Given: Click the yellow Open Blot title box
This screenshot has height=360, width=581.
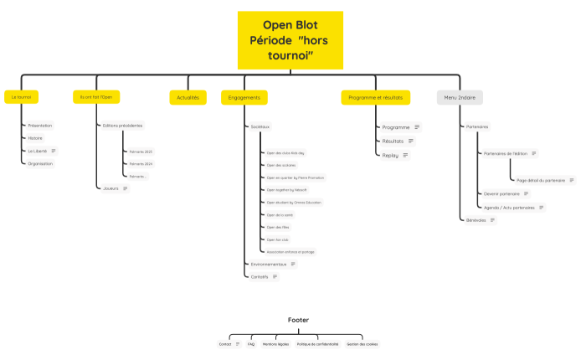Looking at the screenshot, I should coord(290,39).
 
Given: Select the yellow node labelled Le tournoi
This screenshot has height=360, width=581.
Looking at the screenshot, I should coord(21,97).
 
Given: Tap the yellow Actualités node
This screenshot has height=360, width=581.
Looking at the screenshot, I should coord(188,97).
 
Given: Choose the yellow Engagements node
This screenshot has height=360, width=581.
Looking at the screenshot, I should coord(244,97).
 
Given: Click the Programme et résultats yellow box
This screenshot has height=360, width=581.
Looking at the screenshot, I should coord(375,97).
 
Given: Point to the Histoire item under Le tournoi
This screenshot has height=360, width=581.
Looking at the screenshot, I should coord(35,138).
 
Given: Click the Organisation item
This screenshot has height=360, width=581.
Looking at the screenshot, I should coord(40,163).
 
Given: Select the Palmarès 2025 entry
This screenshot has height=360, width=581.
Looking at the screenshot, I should coord(141,152).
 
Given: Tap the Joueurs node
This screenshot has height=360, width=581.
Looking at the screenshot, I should coord(111,188).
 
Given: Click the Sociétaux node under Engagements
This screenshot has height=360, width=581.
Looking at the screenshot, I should coord(260,126).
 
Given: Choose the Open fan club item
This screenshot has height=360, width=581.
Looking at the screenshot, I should coord(277,239).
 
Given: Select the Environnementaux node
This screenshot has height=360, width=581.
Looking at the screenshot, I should coord(269,264).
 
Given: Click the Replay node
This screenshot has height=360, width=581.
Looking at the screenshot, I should coord(390,155).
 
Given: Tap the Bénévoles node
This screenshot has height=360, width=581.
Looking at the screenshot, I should coord(476,220).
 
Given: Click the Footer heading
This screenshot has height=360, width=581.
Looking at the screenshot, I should coord(298,320).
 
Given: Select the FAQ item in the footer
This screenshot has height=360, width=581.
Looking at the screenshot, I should coord(250,344).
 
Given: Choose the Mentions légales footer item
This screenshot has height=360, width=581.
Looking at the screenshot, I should coord(275,344).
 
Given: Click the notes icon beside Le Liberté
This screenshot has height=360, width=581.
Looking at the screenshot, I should coord(54,151).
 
